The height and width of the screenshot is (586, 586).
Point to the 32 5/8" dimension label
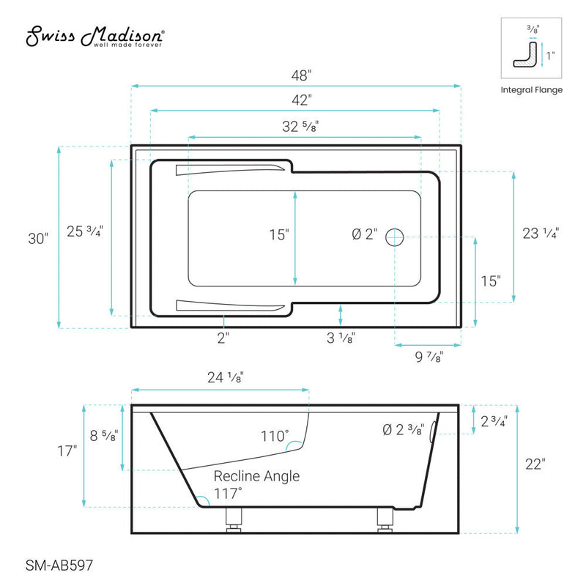[300, 126]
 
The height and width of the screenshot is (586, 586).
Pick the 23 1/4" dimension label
[541, 234]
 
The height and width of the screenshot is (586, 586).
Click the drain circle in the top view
[395, 236]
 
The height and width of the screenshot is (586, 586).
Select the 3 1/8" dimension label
[341, 338]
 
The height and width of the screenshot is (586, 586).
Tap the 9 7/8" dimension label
[428, 357]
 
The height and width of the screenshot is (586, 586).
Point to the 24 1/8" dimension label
[225, 378]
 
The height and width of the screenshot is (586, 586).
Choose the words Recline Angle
[256, 476]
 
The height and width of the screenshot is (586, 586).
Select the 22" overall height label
[535, 464]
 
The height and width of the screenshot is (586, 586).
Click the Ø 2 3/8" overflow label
[402, 430]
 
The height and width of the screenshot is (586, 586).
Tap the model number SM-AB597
[55, 564]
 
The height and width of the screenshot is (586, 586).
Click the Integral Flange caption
[532, 90]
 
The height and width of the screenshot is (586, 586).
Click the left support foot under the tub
[233, 519]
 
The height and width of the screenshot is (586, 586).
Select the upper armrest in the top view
[229, 171]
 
